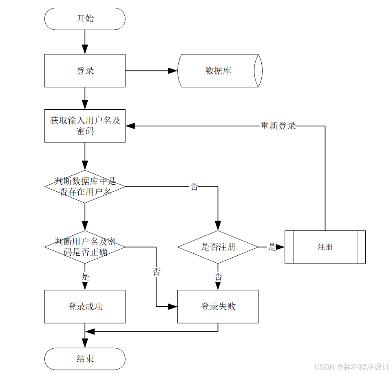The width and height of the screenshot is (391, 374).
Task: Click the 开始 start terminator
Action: [x=85, y=19]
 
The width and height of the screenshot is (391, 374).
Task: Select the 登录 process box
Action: [x=85, y=71]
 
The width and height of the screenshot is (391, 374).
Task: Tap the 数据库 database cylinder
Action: [x=219, y=71]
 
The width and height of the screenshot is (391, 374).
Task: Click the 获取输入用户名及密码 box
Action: [x=85, y=126]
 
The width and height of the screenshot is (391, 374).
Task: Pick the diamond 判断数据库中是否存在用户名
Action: [x=85, y=186]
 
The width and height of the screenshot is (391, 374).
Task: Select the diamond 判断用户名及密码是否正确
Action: [x=85, y=247]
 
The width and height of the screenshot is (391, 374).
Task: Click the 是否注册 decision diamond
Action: [x=218, y=247]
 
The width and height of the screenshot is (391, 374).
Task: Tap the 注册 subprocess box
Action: [x=325, y=247]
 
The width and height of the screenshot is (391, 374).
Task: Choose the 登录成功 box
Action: [x=85, y=306]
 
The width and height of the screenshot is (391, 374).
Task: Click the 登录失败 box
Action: [x=218, y=306]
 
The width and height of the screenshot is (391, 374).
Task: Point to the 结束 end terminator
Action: [x=85, y=359]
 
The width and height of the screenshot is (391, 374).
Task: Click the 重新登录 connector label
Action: [x=278, y=126]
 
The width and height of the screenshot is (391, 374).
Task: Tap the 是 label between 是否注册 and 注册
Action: [x=272, y=247]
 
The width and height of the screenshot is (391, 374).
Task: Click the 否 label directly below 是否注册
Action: [x=218, y=277]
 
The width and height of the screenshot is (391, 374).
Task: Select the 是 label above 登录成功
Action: [x=85, y=277]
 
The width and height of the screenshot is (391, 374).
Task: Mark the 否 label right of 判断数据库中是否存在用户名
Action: [x=194, y=187]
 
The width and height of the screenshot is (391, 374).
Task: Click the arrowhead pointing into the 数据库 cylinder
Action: [x=173, y=71]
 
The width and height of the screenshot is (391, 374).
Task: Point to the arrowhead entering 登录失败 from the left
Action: [x=172, y=306]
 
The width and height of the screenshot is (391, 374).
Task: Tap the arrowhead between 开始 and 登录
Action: [x=85, y=49]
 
